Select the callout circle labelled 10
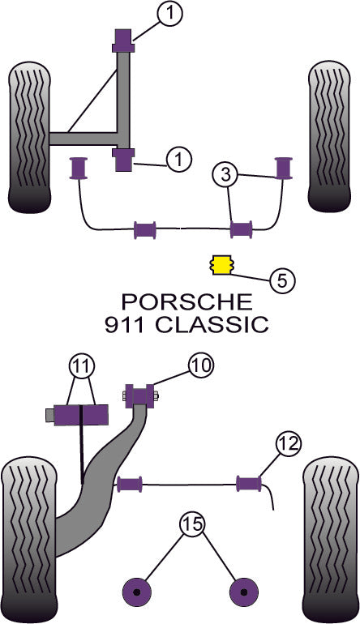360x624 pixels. tap(200, 365)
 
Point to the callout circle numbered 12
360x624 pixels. tap(288, 444)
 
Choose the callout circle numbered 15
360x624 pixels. tap(191, 526)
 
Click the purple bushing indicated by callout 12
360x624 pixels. tap(249, 484)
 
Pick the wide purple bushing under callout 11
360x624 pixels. tap(80, 414)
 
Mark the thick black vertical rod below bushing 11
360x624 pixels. tap(81, 454)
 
